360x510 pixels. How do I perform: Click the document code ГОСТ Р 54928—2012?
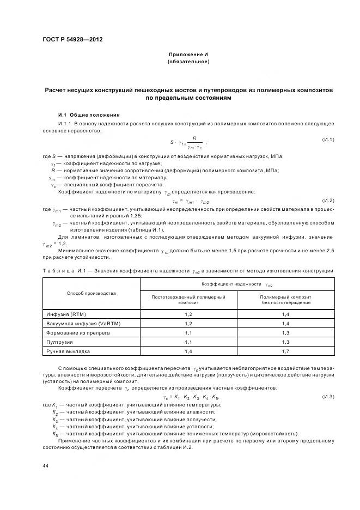point(72,39)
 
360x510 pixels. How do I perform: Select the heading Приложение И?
point(188,55)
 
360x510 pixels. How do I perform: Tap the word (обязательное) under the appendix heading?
point(188,62)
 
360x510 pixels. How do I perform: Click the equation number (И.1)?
point(328,140)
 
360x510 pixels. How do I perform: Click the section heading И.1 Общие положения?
point(89,115)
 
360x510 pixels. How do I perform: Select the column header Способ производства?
point(91,293)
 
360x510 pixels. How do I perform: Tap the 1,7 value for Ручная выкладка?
point(285,351)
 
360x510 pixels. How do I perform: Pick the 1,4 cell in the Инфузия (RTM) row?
point(285,314)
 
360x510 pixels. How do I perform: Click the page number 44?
point(45,465)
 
